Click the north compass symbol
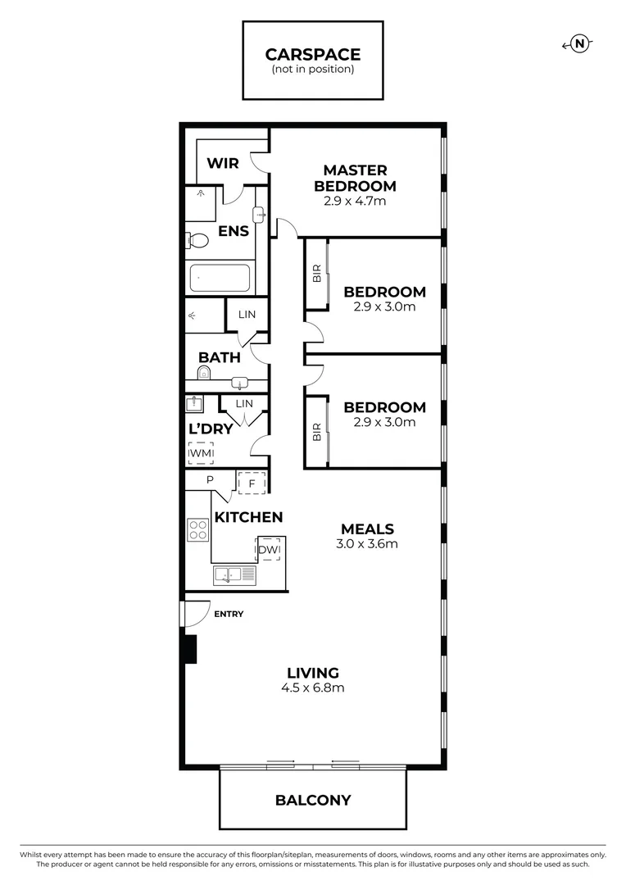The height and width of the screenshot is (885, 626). [x=580, y=44]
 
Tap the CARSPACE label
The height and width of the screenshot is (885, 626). [x=312, y=55]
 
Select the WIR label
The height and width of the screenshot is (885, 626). [x=222, y=163]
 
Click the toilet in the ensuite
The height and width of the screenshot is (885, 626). [x=197, y=241]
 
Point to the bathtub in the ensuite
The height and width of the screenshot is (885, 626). [x=220, y=279]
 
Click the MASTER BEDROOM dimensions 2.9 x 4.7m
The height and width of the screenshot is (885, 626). [x=354, y=201]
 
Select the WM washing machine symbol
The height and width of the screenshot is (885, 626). [x=200, y=452]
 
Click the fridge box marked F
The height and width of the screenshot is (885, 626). [x=252, y=483]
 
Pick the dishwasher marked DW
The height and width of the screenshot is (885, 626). [x=270, y=549]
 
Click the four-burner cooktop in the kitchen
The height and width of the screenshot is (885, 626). [x=198, y=529]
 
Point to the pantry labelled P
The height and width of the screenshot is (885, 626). [x=210, y=480]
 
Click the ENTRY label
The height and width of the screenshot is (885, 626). [x=228, y=614]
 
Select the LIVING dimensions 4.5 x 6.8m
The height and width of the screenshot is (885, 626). [x=313, y=688]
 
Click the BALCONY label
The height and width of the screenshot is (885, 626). [x=312, y=800]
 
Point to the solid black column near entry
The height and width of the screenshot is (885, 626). [x=190, y=649]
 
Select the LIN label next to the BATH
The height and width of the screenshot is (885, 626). [x=247, y=315]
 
